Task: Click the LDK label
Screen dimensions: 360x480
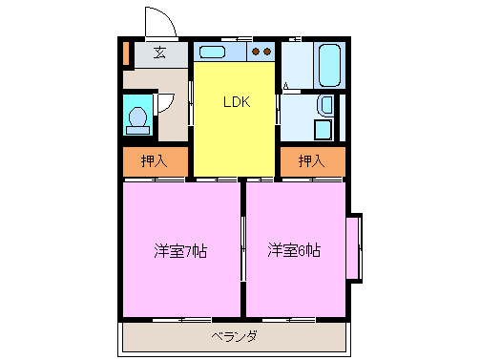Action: pos(236,102)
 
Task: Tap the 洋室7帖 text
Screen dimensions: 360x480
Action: pos(181,251)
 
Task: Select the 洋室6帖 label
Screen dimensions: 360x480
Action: pos(293,251)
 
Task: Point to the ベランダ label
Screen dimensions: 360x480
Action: pos(234,335)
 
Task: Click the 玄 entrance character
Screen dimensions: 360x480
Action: pos(159,53)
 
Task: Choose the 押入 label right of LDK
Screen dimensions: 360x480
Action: pos(311,161)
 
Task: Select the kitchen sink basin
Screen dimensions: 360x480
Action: pos(219,52)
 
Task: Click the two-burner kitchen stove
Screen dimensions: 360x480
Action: pos(262,52)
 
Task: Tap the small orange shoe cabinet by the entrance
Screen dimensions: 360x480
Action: pos(125,53)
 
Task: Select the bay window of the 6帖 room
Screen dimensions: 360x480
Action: pos(354,247)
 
